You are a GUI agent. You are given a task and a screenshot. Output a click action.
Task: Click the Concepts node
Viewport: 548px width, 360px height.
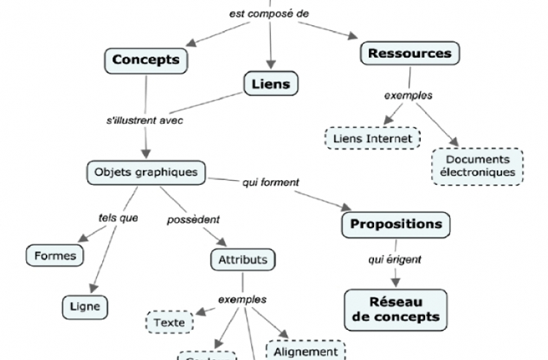146,59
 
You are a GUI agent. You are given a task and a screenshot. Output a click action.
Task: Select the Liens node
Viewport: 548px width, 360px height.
271,84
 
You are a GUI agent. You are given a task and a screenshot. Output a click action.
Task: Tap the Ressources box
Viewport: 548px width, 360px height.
410,54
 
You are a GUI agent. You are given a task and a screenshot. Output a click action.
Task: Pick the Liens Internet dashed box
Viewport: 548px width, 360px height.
371,137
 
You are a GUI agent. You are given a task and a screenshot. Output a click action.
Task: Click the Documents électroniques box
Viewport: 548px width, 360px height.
478,166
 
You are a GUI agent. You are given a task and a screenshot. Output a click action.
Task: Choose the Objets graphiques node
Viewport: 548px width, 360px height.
146,173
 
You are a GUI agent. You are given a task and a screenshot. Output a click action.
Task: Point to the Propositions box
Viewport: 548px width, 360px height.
396,224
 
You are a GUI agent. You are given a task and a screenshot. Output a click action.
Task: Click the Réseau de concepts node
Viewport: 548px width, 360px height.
396,309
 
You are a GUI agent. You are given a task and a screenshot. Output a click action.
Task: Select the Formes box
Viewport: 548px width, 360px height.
56,255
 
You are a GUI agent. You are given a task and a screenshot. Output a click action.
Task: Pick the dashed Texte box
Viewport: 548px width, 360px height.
170,321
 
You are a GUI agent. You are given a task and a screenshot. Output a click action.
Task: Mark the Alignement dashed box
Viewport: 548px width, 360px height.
305,351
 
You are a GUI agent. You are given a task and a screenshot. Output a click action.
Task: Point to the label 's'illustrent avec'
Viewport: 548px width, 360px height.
145,120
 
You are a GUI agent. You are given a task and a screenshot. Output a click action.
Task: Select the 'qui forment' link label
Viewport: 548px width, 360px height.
270,181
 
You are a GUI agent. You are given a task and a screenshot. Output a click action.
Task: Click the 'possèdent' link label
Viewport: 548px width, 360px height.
193,219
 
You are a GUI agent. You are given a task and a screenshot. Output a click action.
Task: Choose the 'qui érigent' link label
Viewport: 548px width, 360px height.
390,260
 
